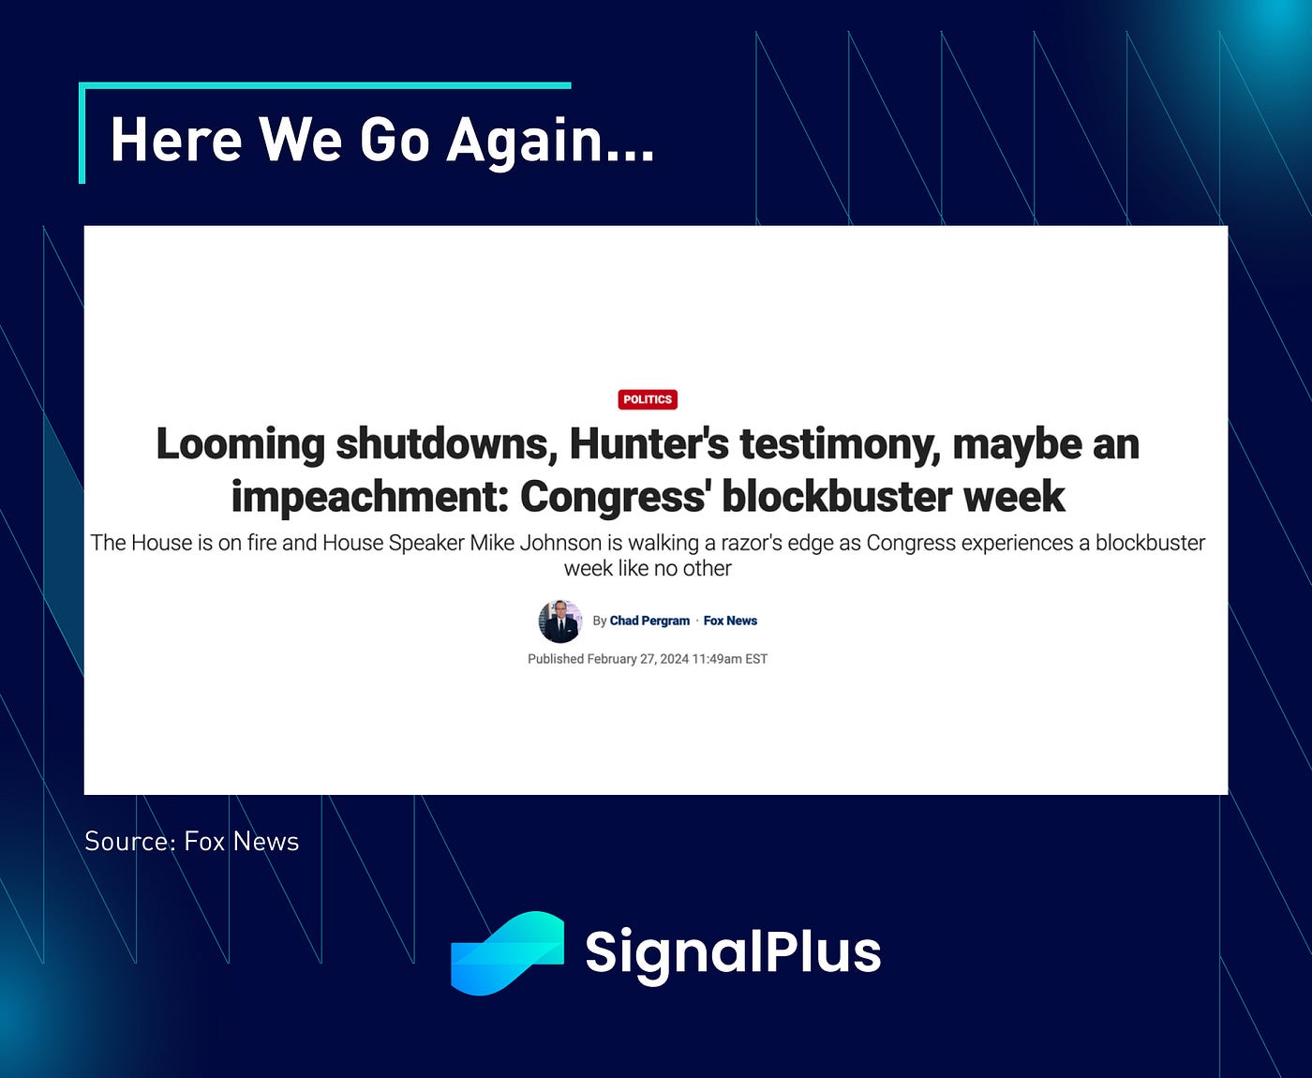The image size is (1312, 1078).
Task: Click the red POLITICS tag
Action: [x=647, y=399]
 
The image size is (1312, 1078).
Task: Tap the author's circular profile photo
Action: [x=559, y=621]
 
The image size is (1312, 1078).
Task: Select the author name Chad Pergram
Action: [x=649, y=621]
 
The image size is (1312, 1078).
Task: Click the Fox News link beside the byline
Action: [x=730, y=621]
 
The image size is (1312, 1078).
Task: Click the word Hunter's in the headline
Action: [x=649, y=443]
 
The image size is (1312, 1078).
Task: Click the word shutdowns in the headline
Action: [x=447, y=444]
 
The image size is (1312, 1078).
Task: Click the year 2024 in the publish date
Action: [x=675, y=659]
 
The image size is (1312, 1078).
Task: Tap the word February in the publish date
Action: [x=610, y=659]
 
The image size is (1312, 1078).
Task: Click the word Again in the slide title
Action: [x=550, y=141]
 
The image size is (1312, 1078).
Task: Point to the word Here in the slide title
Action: [x=176, y=140]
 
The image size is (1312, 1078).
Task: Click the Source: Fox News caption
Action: [x=191, y=842]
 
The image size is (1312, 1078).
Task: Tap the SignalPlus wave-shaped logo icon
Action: [x=507, y=953]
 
